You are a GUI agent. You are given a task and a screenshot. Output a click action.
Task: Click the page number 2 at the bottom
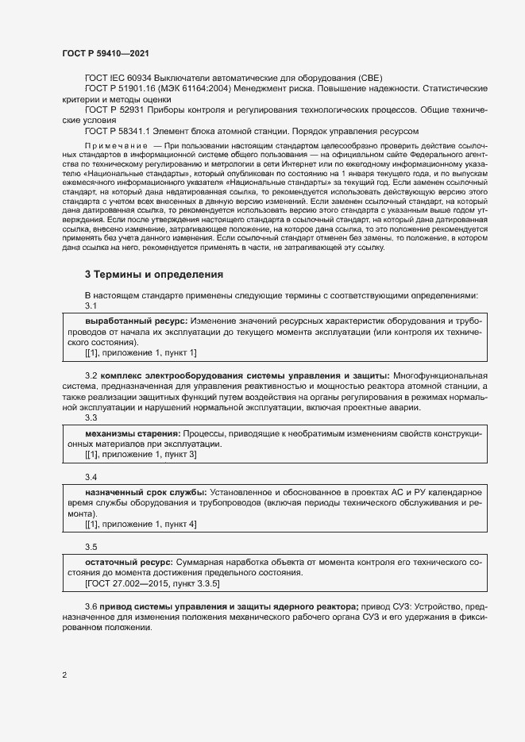coord(64,675)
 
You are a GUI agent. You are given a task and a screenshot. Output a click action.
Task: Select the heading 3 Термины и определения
coord(154,274)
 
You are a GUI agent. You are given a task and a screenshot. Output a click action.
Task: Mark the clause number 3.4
coord(91,477)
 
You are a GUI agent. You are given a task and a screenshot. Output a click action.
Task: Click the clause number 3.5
coord(91,547)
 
